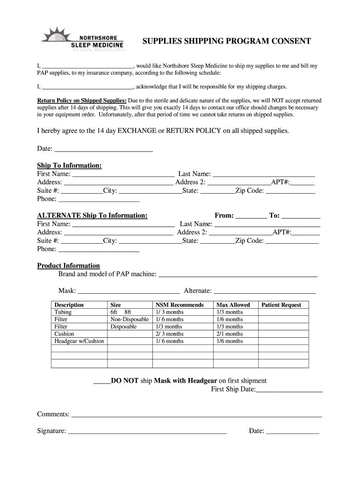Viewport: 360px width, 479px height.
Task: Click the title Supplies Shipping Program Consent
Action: coord(226,41)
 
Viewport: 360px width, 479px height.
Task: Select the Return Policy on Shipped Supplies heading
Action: coord(82,101)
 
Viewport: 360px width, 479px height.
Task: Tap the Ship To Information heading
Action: coord(69,166)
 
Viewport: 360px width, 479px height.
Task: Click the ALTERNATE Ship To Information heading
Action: coord(92,215)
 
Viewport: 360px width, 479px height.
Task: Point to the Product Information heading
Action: coord(68,265)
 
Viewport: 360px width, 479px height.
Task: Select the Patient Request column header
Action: coord(281,305)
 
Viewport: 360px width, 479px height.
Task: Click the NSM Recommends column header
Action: coord(180,305)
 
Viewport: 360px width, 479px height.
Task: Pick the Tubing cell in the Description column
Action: coord(63,312)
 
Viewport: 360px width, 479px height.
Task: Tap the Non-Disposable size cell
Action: coord(130,319)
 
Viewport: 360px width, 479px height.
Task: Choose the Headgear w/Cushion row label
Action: coord(79,341)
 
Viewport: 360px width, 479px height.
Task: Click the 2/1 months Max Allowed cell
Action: coord(230,334)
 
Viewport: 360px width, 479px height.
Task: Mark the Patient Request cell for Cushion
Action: coord(283,334)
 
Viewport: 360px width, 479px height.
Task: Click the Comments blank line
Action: coord(196,415)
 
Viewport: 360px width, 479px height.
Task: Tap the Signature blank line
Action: coord(147,432)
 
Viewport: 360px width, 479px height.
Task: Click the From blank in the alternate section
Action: coord(251,216)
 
